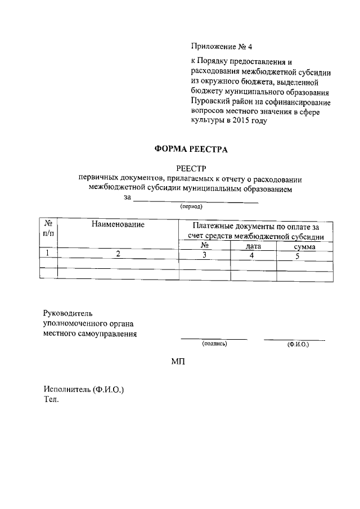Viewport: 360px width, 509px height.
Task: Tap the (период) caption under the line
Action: [191, 206]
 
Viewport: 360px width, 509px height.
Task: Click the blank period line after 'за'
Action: [196, 200]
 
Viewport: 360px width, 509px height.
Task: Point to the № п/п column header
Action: [48, 228]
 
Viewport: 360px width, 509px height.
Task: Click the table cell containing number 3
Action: [205, 255]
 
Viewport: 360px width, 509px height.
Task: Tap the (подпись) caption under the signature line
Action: [214, 343]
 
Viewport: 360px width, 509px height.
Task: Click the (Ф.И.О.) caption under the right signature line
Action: [298, 344]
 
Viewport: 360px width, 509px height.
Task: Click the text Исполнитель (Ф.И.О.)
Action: [84, 390]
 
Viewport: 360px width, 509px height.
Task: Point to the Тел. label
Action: [51, 400]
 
